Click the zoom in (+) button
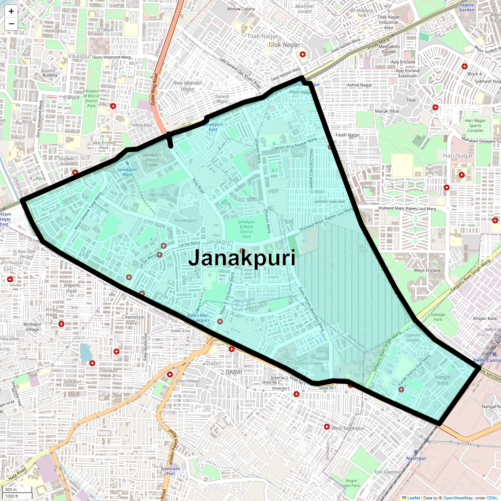pyautogui.click(x=11, y=11)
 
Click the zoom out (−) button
pyautogui.click(x=11, y=23)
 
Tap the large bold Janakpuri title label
pyautogui.click(x=242, y=258)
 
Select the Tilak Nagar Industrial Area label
pyautogui.click(x=388, y=23)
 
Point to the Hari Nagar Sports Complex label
pyautogui.click(x=475, y=125)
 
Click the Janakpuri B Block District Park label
pyautogui.click(x=246, y=229)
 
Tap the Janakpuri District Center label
pyautogui.click(x=152, y=160)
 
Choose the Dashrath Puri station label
pyautogui.click(x=170, y=471)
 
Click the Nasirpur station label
pyautogui.click(x=416, y=458)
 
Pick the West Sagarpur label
pyautogui.click(x=347, y=428)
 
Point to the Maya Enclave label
pyautogui.click(x=427, y=270)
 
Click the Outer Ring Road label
pyautogui.click(x=154, y=89)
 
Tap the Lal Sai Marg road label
pyautogui.click(x=189, y=243)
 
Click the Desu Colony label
pyautogui.click(x=311, y=363)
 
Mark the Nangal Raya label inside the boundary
pyautogui.click(x=443, y=380)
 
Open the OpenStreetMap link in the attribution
pyautogui.click(x=458, y=498)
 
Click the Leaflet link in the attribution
pyautogui.click(x=414, y=498)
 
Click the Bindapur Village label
pyautogui.click(x=32, y=326)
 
